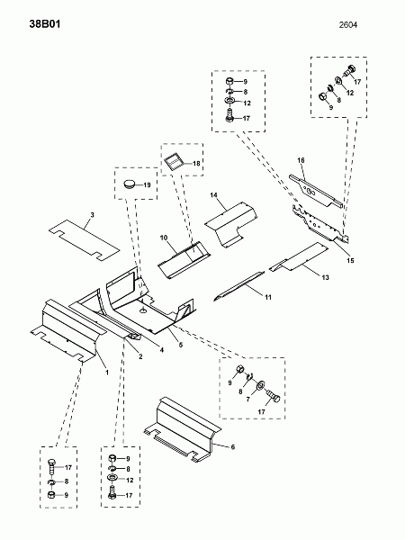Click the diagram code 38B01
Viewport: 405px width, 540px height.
tap(45, 24)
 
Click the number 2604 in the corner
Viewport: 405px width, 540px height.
tap(347, 25)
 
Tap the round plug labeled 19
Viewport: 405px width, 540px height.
tap(130, 184)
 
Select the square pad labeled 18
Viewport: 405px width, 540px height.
tap(173, 161)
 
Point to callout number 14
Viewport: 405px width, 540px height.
tap(213, 195)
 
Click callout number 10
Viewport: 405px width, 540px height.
tap(164, 238)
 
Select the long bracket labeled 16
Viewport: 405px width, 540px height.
tap(316, 191)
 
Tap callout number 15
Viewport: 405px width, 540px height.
tap(350, 260)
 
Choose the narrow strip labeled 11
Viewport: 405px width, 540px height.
tap(239, 285)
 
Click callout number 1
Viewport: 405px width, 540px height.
tap(107, 373)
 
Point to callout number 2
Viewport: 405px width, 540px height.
tap(140, 356)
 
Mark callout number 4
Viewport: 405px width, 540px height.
tap(161, 350)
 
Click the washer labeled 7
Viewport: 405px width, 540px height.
tap(261, 384)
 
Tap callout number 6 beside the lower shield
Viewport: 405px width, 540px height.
tap(233, 446)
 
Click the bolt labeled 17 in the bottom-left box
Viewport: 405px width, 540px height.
tap(51, 466)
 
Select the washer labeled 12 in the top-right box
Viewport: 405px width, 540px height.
tap(337, 82)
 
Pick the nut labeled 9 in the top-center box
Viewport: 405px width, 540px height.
tap(229, 82)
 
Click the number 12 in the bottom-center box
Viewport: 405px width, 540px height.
tap(130, 480)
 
